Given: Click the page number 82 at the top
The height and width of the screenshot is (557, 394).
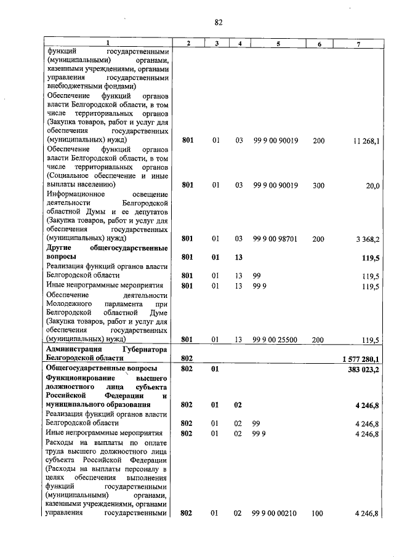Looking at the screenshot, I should click(218, 23).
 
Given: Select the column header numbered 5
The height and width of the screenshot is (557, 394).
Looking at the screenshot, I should click(278, 42).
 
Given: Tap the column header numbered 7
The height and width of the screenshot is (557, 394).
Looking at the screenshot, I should click(358, 42).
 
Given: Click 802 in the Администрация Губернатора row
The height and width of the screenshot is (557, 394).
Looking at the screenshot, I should click(188, 358).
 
